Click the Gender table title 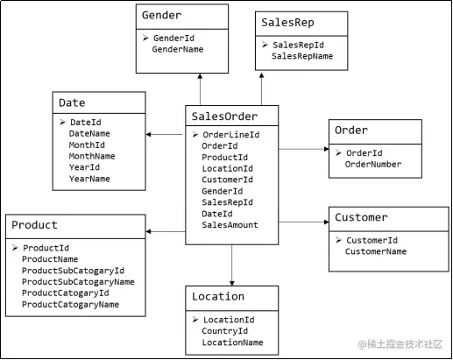pyautogui.click(x=161, y=15)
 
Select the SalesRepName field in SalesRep pyautogui.click(x=302, y=56)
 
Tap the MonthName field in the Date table pyautogui.click(x=92, y=156)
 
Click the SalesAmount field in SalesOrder pyautogui.click(x=230, y=225)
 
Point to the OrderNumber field pyautogui.click(x=373, y=165)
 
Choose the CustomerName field pyautogui.click(x=376, y=251)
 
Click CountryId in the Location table pyautogui.click(x=224, y=331)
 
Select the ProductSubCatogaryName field pyautogui.click(x=78, y=282)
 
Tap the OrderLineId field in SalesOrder pyautogui.click(x=231, y=135)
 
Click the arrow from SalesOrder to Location pyautogui.click(x=232, y=265)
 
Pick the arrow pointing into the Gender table pyautogui.click(x=200, y=89)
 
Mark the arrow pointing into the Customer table pyautogui.click(x=304, y=222)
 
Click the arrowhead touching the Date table pyautogui.click(x=148, y=134)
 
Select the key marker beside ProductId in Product pyautogui.click(x=15, y=248)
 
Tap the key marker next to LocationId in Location pyautogui.click(x=195, y=320)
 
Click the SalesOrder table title pyautogui.click(x=224, y=116)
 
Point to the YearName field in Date pyautogui.click(x=89, y=179)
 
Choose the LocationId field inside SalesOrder pyautogui.click(x=227, y=168)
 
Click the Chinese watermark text pyautogui.click(x=400, y=344)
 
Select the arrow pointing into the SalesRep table pyautogui.click(x=261, y=89)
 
